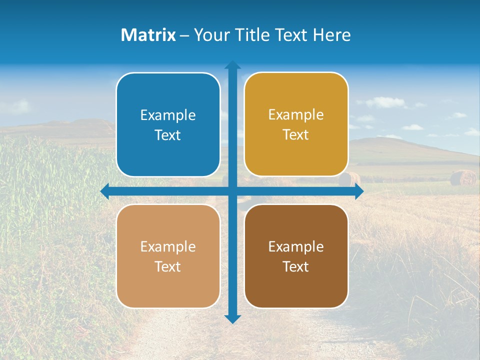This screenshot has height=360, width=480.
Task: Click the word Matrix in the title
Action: [x=148, y=35]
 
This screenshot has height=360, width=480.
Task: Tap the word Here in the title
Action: [x=331, y=35]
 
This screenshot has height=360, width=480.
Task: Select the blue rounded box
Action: [x=168, y=124]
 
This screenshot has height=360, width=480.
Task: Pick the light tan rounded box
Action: [x=168, y=256]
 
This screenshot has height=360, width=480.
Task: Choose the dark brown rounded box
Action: [x=296, y=256]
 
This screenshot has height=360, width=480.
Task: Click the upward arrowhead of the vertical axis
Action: [x=232, y=65]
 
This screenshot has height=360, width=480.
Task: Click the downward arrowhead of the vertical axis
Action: [x=232, y=319]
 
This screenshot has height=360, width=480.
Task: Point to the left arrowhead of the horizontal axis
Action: [x=104, y=191]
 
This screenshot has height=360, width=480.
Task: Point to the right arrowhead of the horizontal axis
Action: [x=359, y=191]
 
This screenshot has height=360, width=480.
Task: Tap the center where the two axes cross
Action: [x=232, y=191]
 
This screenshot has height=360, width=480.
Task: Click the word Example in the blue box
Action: [x=168, y=115]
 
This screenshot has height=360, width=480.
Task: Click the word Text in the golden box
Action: [x=296, y=134]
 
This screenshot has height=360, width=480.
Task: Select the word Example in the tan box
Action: [x=168, y=247]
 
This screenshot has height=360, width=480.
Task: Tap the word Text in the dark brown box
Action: [x=296, y=266]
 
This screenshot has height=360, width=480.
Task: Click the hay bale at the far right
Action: [x=463, y=178]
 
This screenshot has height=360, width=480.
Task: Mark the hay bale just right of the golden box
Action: [x=350, y=179]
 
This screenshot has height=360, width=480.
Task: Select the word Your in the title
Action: [x=207, y=35]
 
